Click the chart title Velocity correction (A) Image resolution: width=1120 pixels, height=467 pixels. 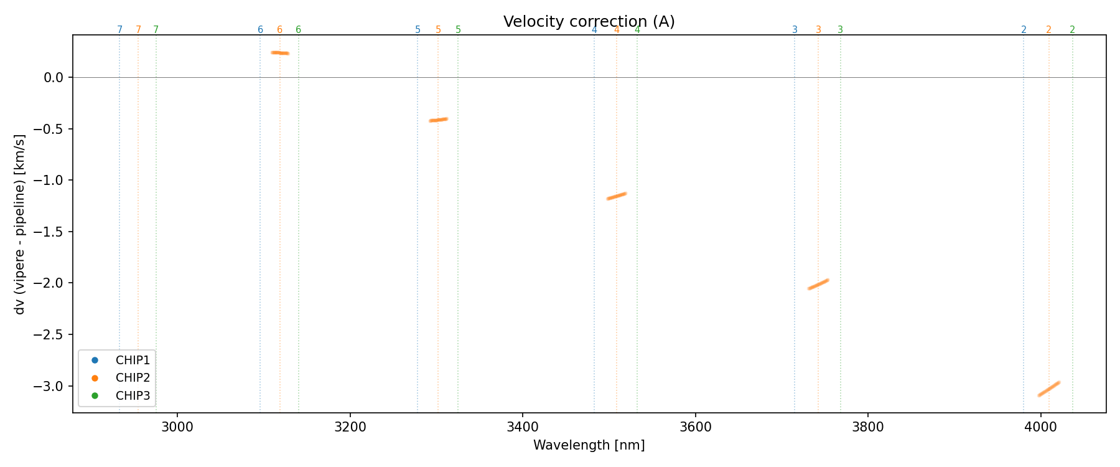tap(589, 22)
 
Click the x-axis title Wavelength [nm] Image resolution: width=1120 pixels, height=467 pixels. tap(589, 445)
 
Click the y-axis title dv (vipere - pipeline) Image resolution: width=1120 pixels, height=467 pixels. tap(20, 224)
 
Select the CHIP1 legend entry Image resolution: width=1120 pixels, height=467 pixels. tap(133, 360)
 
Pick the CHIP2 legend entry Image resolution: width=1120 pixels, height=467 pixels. tap(133, 378)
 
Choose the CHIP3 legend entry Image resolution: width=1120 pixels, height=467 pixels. tap(133, 396)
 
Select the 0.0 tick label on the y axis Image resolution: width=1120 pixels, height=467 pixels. tap(54, 77)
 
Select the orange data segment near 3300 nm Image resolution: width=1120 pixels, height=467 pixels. tap(439, 120)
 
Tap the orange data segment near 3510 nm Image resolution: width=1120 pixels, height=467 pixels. tap(617, 196)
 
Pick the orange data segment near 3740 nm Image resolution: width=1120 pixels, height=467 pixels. tap(818, 284)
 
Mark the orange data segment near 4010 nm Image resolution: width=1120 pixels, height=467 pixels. tap(1049, 389)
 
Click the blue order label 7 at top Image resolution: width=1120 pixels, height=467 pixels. tap(119, 30)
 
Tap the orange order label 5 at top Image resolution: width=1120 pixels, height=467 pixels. tap(438, 30)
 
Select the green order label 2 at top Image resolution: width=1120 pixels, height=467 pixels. tap(1072, 30)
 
